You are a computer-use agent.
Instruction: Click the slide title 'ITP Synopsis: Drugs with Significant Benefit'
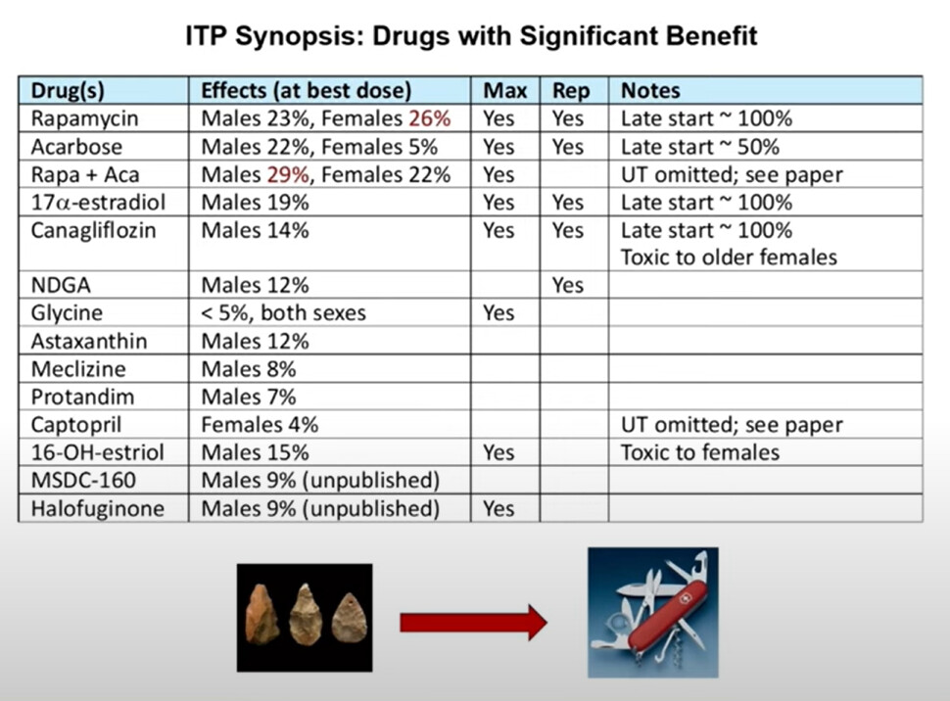(471, 36)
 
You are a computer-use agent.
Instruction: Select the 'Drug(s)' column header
(68, 91)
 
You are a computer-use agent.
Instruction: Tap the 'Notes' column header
(650, 91)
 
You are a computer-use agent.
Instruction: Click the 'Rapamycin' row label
(84, 118)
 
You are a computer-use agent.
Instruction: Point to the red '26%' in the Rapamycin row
(430, 118)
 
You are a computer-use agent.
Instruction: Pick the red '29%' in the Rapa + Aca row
(288, 174)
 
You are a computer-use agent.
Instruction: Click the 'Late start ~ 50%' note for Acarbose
(700, 147)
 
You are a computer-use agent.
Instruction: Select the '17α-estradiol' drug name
(98, 203)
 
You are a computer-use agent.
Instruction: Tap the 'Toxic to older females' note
(729, 257)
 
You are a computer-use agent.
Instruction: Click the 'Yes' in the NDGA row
(568, 285)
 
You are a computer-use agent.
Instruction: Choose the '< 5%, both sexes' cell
(284, 313)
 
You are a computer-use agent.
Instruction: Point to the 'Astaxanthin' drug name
(89, 341)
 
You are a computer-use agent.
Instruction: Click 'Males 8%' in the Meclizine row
(249, 369)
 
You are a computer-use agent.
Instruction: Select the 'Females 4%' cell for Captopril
(260, 425)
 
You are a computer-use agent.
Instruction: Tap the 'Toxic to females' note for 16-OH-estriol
(700, 452)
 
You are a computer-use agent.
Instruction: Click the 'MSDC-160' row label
(83, 481)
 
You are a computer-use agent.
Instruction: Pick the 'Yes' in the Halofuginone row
(499, 508)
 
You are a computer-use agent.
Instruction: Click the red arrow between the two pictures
(473, 623)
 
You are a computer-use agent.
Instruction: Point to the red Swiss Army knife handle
(666, 615)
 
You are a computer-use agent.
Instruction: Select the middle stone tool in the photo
(306, 614)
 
